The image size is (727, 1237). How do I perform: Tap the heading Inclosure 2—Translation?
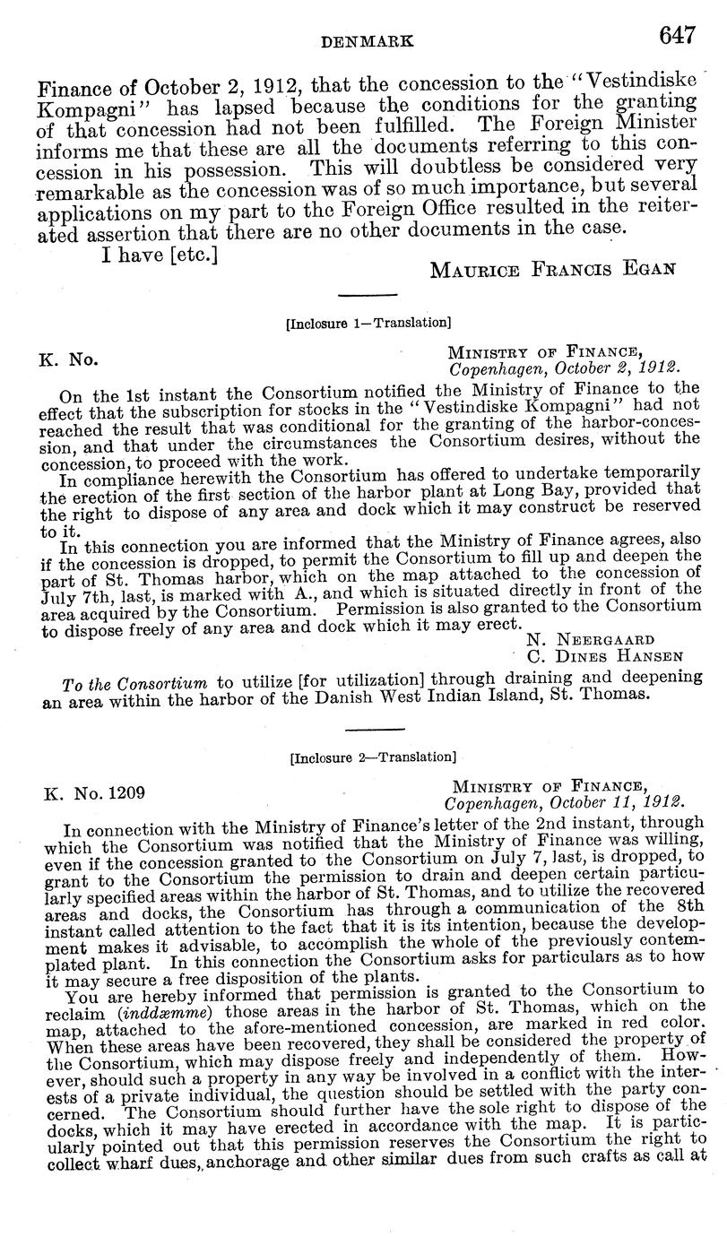point(368,755)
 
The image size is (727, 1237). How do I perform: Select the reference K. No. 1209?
point(93,792)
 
